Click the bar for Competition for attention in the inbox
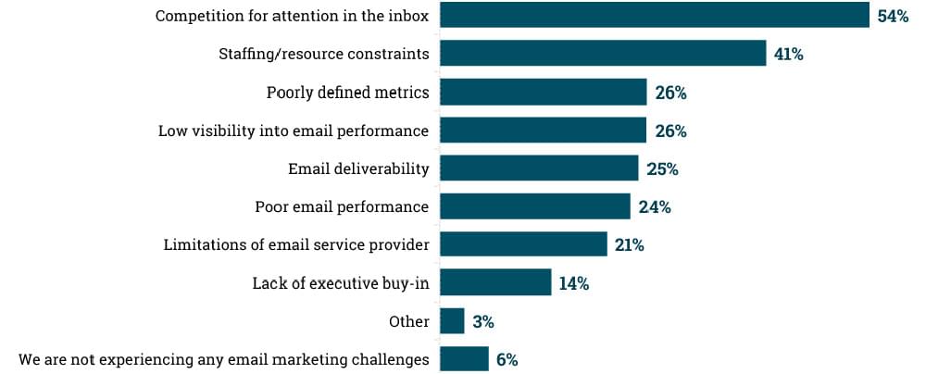[x=654, y=16]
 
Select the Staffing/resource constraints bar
[x=603, y=54]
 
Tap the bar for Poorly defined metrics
[x=543, y=93]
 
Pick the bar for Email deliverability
[x=539, y=168]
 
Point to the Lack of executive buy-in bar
[x=495, y=283]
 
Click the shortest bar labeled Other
[x=452, y=321]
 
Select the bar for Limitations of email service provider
[x=523, y=245]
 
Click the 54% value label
[x=893, y=17]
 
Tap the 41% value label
[x=788, y=55]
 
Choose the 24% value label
[x=655, y=207]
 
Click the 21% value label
[x=629, y=245]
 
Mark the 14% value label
[x=573, y=284]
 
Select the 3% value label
[x=482, y=322]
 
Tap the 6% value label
[x=507, y=360]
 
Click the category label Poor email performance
[x=342, y=206]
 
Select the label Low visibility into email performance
[x=294, y=131]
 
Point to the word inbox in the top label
[x=408, y=16]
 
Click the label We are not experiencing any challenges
[x=224, y=359]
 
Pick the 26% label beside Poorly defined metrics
[x=670, y=93]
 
